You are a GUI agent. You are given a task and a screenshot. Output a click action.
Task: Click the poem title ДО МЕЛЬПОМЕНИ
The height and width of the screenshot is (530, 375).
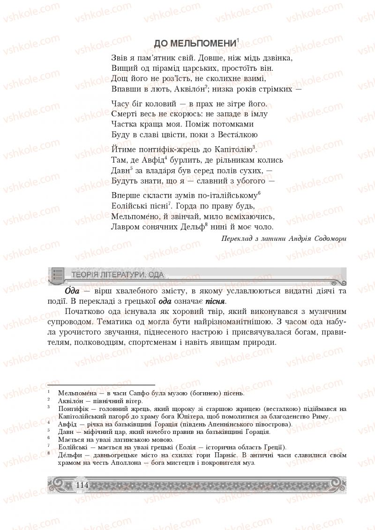point(195,44)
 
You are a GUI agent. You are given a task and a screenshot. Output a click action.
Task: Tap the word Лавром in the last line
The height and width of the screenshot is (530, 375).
point(125,227)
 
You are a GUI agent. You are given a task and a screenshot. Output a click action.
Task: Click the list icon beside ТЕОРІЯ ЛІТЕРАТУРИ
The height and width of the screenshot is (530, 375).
point(58,274)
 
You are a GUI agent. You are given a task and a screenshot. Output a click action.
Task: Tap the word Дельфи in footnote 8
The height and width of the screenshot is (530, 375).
point(68,455)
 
